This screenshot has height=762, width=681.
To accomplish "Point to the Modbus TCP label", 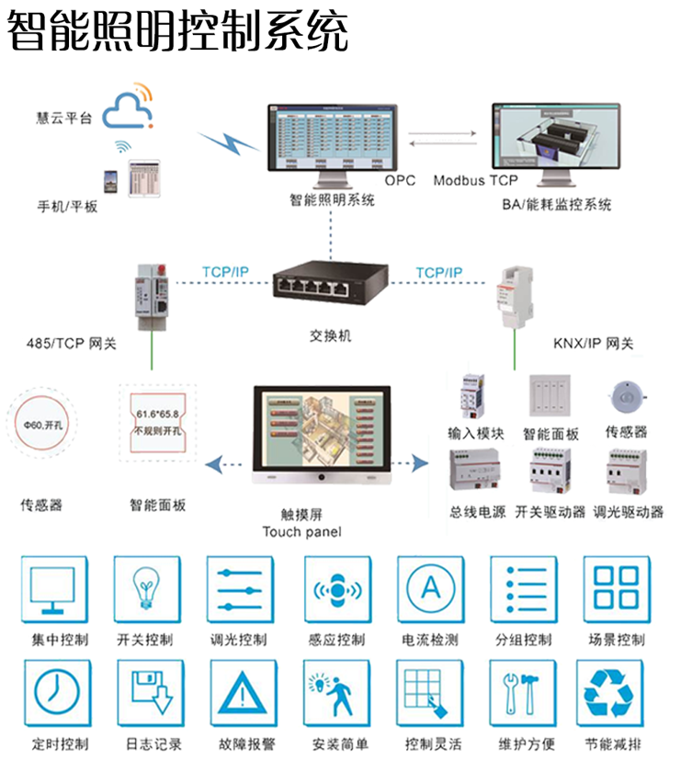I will [x=475, y=180].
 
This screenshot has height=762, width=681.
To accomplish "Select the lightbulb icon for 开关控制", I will [x=144, y=591].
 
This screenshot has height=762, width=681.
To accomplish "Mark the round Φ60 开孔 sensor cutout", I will [x=42, y=426].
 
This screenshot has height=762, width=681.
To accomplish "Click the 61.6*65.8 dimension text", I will [x=155, y=415].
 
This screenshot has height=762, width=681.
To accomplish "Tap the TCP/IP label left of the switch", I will [x=224, y=273].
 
